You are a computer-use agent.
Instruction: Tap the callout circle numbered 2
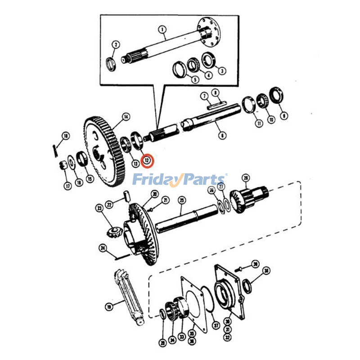(x=116, y=45)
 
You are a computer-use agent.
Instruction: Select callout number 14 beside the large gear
(x=126, y=117)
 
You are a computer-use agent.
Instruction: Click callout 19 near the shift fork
(x=108, y=307)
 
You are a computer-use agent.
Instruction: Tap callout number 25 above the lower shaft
(x=182, y=200)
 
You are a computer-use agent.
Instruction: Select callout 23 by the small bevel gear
(x=99, y=208)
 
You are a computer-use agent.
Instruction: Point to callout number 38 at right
(x=266, y=270)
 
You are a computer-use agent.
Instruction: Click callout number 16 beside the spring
(x=66, y=135)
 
